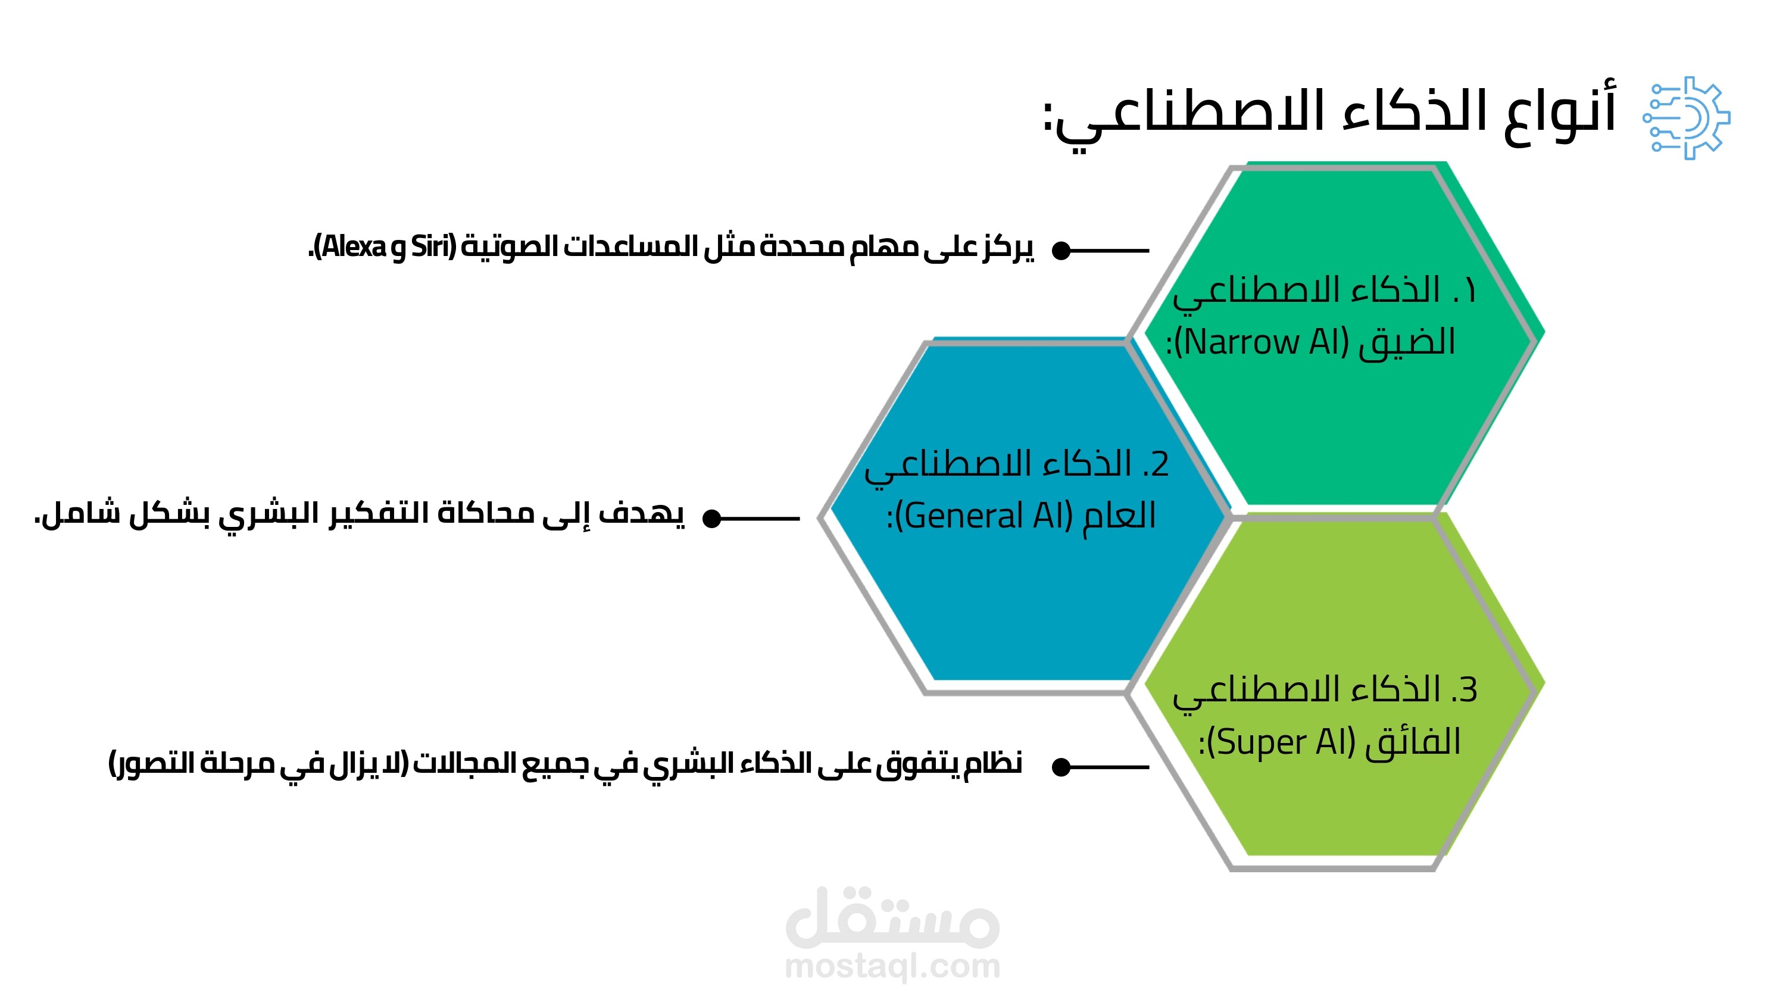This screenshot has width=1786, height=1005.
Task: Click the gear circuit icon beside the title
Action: click(1687, 118)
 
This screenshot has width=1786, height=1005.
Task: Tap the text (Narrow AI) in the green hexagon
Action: click(1261, 342)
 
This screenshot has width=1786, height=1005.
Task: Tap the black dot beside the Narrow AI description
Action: click(1061, 251)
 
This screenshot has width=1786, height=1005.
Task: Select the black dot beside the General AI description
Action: click(712, 518)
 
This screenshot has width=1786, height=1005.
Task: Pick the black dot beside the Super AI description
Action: click(1061, 767)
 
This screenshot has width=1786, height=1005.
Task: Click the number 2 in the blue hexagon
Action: click(1160, 464)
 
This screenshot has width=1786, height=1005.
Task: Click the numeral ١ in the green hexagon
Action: click(1469, 290)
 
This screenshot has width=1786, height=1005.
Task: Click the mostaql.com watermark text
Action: click(892, 966)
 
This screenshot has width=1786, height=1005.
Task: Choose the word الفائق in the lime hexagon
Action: click(1412, 741)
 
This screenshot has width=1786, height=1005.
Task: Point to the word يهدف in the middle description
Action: click(641, 513)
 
